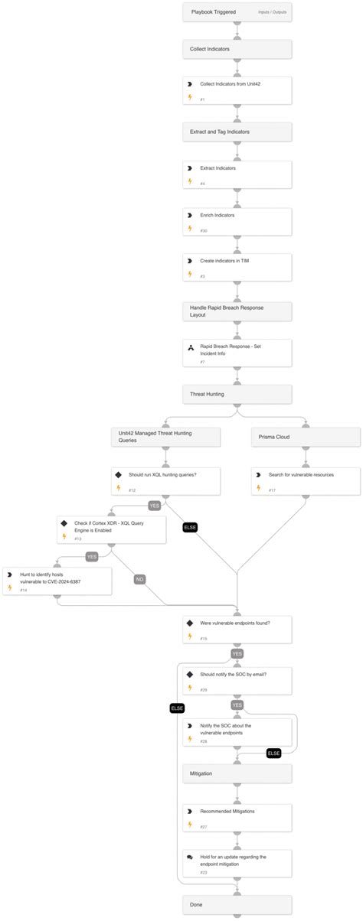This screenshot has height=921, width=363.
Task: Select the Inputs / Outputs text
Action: [x=272, y=13]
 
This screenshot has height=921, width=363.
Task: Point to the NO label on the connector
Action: [x=139, y=579]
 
